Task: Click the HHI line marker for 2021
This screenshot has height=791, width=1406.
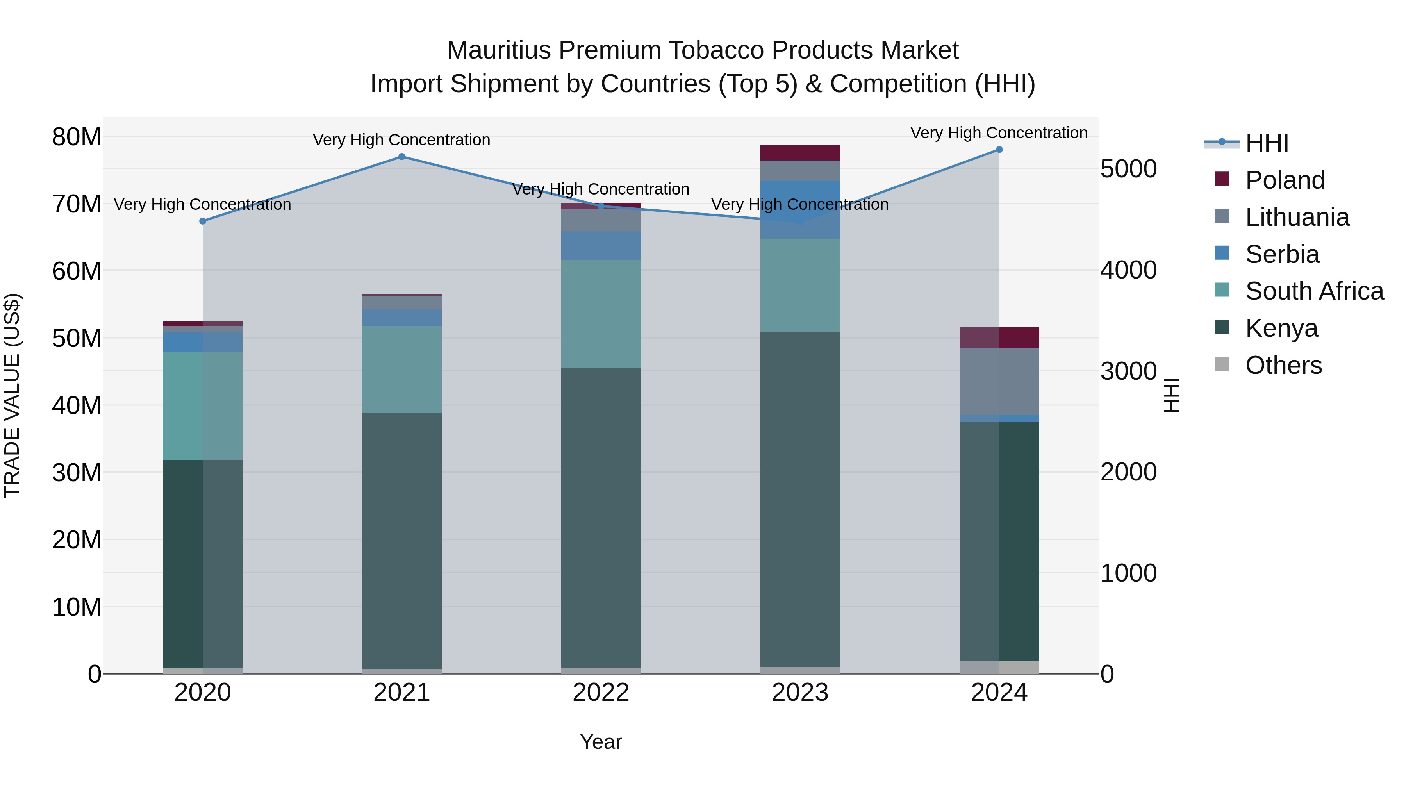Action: pyautogui.click(x=402, y=157)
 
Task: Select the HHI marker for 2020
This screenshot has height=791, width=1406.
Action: pyautogui.click(x=202, y=221)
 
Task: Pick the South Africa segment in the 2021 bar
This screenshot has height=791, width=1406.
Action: pyautogui.click(x=402, y=369)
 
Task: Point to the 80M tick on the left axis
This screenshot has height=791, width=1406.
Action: pyautogui.click(x=77, y=137)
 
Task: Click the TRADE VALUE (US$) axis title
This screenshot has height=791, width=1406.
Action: pyautogui.click(x=12, y=395)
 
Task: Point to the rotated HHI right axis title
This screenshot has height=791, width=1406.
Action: pyautogui.click(x=1171, y=395)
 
